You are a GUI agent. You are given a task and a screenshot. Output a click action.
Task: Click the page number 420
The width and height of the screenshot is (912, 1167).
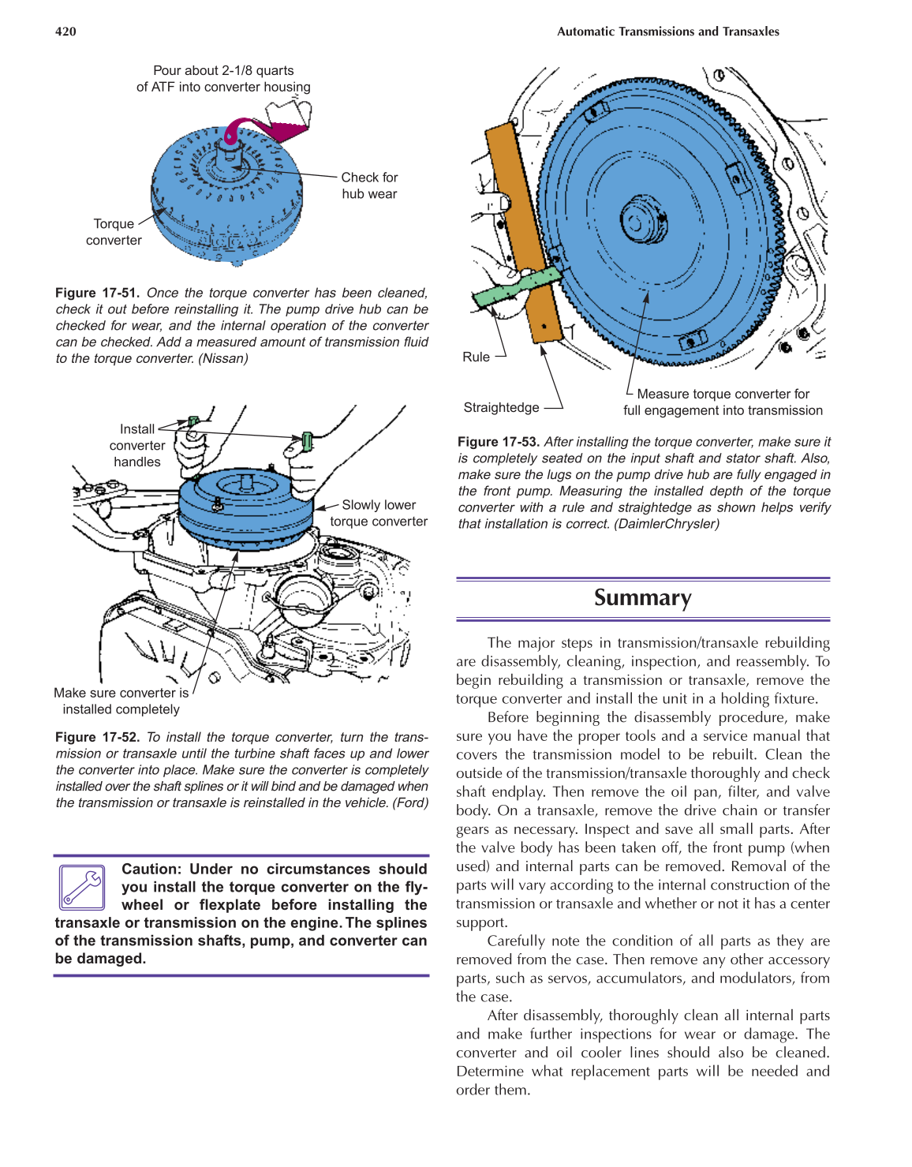point(65,32)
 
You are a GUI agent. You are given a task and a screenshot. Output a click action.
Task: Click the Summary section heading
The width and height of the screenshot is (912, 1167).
point(642,598)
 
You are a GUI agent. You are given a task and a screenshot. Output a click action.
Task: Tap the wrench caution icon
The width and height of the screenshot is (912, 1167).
point(82,887)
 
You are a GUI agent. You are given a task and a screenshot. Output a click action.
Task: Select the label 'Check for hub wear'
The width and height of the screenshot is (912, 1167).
point(369,185)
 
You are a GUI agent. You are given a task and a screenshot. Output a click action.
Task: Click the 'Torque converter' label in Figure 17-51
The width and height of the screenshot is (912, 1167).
point(114,232)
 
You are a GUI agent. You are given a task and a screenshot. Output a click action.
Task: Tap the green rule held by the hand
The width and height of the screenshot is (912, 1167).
point(517,286)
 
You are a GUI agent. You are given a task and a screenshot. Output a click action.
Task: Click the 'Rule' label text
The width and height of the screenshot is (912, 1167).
point(476,357)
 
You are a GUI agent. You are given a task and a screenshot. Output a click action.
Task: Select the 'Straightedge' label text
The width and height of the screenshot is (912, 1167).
point(501,407)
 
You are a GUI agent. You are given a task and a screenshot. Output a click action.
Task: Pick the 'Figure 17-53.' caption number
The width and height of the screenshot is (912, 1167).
point(498,442)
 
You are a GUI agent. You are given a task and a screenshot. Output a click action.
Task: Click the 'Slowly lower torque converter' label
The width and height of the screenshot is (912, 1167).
point(379,513)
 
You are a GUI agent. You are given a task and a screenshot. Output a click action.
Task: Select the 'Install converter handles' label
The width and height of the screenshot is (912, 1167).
point(136,446)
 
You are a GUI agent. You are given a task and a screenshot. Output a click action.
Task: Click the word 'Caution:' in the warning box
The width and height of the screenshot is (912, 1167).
point(151,869)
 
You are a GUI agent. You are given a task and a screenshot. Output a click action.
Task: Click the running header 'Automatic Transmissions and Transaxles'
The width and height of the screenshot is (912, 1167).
point(667,32)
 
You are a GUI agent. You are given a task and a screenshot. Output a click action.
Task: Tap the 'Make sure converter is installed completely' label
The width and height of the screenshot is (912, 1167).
point(121,701)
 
